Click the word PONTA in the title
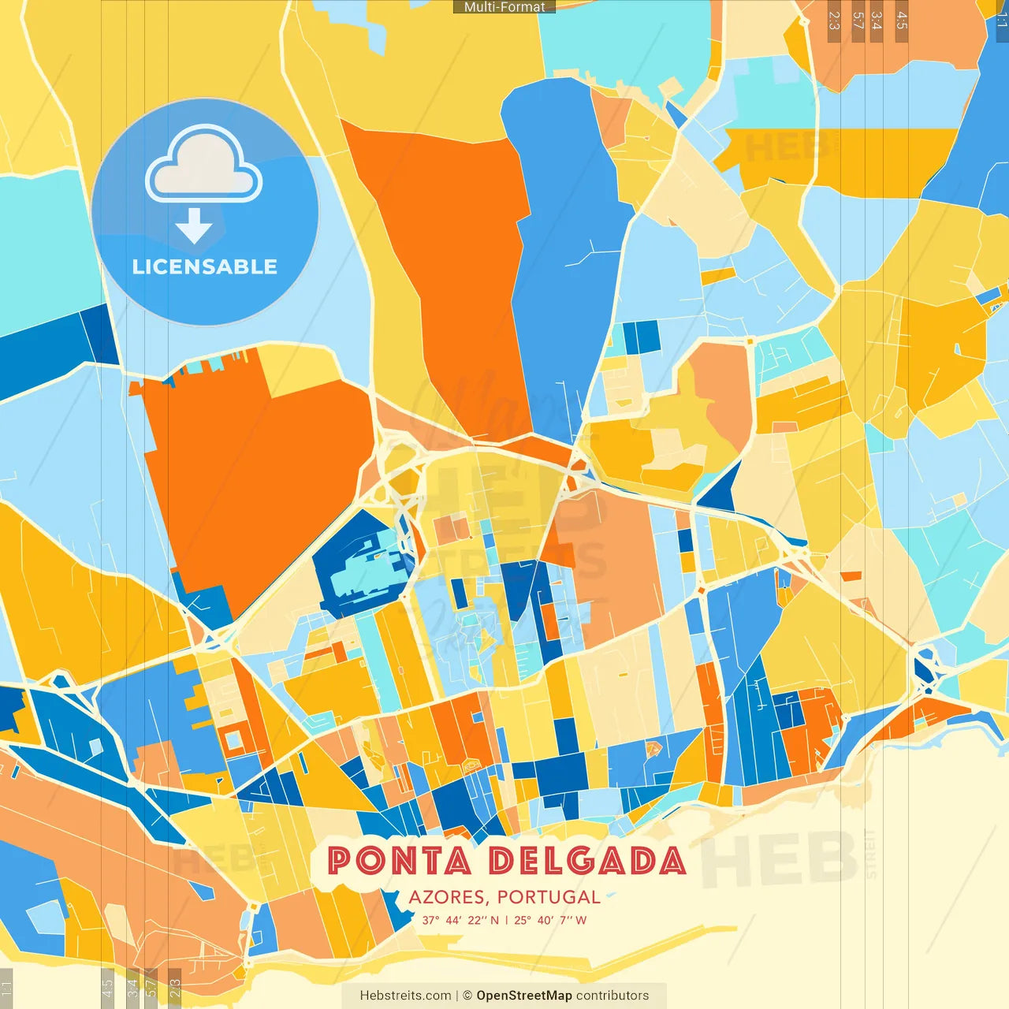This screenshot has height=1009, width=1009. [398, 861]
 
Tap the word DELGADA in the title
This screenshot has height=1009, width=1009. [586, 861]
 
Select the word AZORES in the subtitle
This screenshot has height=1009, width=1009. [447, 897]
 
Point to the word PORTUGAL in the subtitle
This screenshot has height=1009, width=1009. [549, 897]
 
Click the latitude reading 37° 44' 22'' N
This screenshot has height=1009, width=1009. [460, 920]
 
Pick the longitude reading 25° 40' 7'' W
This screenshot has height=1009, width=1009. [550, 920]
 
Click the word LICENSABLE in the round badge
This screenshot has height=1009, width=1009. [205, 266]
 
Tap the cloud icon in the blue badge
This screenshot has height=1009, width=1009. [204, 164]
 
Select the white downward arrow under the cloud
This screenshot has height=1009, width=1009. [194, 225]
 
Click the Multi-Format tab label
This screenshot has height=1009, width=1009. [504, 7]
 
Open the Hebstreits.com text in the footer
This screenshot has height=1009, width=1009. [405, 996]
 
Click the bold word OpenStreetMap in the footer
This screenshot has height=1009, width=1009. [523, 996]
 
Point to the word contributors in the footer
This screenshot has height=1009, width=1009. [612, 996]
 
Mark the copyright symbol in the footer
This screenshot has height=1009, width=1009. [467, 996]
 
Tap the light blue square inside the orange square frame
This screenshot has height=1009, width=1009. [234, 740]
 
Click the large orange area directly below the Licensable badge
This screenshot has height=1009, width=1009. [252, 473]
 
